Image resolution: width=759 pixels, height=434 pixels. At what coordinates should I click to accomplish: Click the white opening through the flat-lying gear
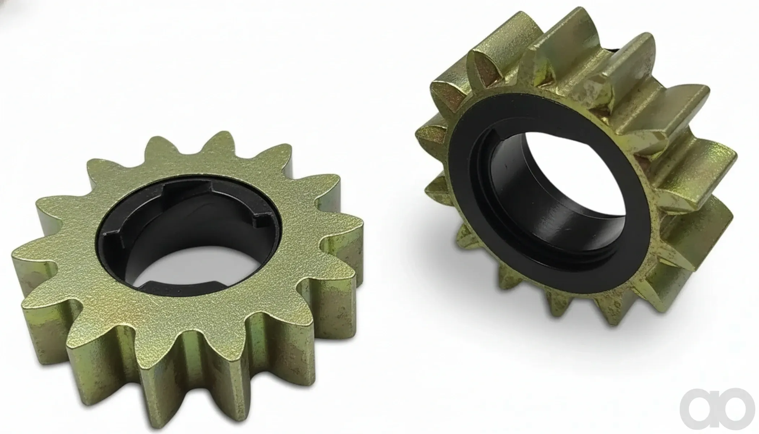coord(202,266)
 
